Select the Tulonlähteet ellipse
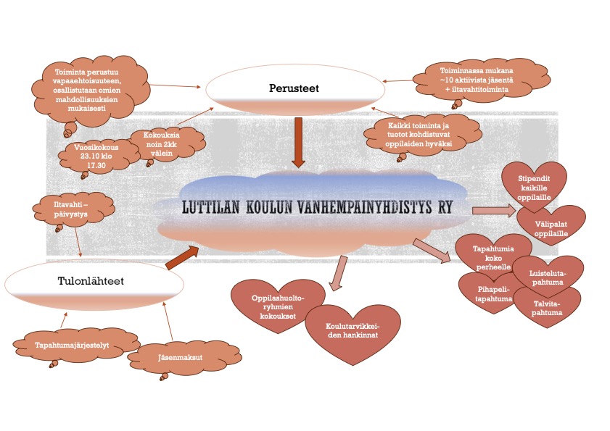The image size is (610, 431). (85, 283)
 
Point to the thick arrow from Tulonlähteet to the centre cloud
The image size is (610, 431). (181, 256)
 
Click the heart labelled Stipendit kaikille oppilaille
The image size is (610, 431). (535, 184)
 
